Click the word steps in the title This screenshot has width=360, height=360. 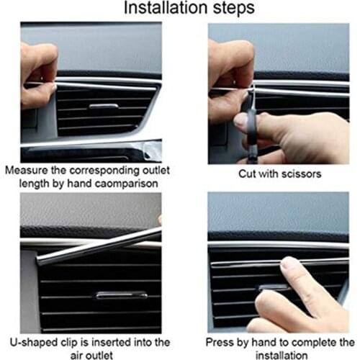(x=230, y=9)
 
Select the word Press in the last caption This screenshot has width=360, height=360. (x=221, y=341)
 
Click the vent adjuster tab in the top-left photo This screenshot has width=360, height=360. (x=104, y=107)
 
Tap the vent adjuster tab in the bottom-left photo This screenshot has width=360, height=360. (x=121, y=295)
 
